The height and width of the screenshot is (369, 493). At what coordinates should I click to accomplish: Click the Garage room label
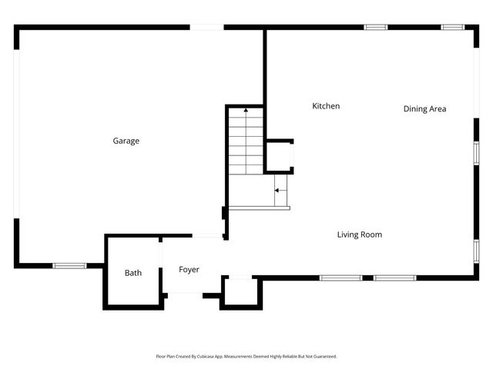126,141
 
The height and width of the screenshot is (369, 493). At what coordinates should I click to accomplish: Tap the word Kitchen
325,106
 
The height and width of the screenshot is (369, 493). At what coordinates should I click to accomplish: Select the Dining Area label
424,109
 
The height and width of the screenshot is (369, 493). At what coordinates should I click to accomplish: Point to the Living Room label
359,234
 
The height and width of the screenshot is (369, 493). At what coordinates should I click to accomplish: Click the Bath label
133,273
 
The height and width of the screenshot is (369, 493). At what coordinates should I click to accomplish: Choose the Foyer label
189,270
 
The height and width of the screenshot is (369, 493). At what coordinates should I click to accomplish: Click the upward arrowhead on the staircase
246,111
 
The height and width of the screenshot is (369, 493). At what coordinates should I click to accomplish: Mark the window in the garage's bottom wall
69,266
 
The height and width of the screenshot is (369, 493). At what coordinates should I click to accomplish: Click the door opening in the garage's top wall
206,28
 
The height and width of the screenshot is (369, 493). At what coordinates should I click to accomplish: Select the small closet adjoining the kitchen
278,157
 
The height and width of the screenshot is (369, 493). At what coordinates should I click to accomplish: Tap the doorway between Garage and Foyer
208,236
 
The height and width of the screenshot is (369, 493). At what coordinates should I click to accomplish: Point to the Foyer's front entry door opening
185,294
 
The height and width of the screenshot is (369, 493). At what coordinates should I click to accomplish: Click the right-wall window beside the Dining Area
476,152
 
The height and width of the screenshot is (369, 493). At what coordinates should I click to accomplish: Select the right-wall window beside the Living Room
476,251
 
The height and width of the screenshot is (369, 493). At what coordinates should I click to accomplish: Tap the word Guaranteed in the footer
322,357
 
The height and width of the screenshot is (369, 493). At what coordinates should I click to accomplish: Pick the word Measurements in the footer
235,357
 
